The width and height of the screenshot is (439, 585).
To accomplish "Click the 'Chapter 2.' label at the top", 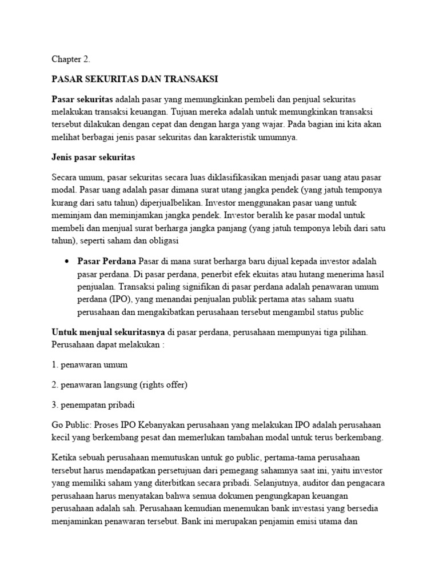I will (x=71, y=59).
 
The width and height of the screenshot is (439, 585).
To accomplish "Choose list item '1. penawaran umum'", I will (x=90, y=364).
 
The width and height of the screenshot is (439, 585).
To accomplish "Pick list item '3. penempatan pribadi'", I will (x=94, y=405).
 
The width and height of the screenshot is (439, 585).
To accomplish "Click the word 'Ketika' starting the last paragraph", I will (x=64, y=458).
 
